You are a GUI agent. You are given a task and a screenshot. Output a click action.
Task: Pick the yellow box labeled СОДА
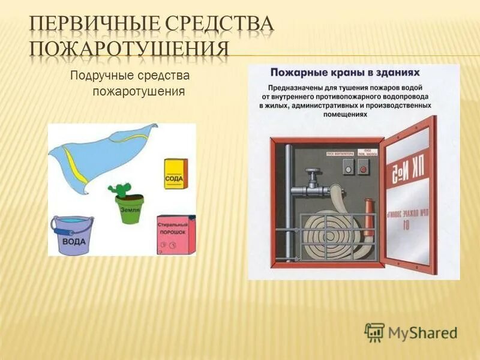(176, 174)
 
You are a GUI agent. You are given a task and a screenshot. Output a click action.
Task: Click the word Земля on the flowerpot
(130, 210)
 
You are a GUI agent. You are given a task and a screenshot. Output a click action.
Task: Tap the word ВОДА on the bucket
(74, 242)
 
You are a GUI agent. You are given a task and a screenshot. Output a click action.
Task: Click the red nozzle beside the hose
(368, 219)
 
